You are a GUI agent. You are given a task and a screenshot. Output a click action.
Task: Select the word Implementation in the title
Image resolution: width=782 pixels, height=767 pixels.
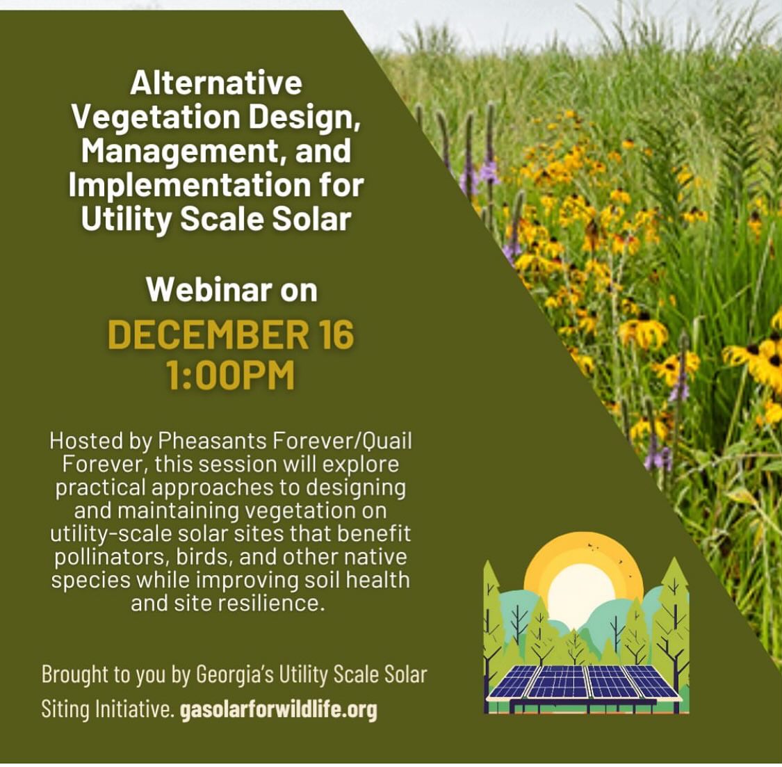[189, 185]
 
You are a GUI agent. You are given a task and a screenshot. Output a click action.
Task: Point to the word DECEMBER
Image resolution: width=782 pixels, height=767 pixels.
[209, 334]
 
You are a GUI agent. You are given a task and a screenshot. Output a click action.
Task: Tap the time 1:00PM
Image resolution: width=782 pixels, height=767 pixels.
[230, 376]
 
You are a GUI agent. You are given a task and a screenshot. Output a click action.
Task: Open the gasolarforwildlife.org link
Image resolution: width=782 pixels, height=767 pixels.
[278, 709]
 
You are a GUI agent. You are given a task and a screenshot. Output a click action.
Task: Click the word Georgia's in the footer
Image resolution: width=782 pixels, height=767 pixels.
[235, 675]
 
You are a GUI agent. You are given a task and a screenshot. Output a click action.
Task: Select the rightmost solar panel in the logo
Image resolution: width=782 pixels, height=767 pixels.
[651, 681]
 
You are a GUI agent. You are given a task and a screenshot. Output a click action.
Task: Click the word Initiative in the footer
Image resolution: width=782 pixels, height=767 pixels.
[132, 709]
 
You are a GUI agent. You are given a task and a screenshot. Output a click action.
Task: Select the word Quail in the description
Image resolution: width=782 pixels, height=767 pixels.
[387, 441]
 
